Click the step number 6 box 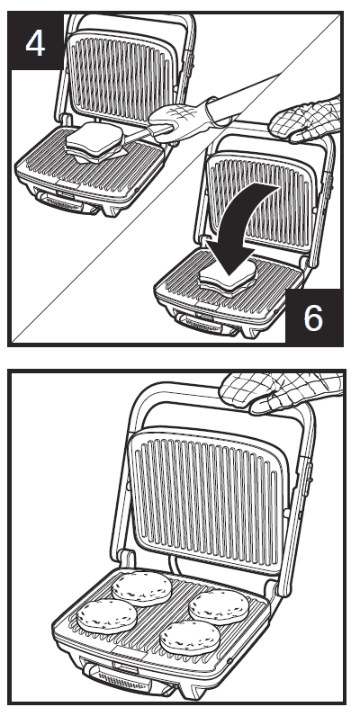pyautogui.click(x=312, y=318)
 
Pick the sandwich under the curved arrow pyautogui.click(x=226, y=273)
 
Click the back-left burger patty pyautogui.click(x=141, y=586)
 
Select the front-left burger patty pyautogui.click(x=106, y=616)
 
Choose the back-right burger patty pyautogui.click(x=219, y=605)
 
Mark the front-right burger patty pyautogui.click(x=189, y=638)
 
